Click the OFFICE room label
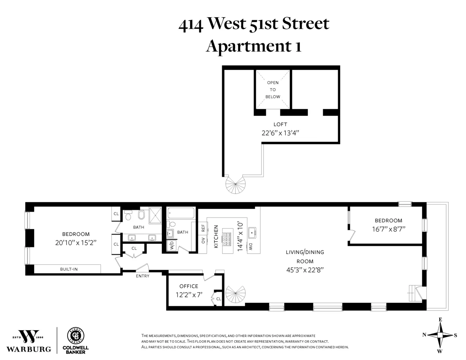[x=189, y=286]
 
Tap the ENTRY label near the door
[x=143, y=276]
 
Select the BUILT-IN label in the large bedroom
[x=68, y=269]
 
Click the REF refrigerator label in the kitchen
[x=203, y=228]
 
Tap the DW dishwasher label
[x=251, y=245]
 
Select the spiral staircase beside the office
[x=235, y=296]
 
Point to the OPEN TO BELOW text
[x=273, y=90]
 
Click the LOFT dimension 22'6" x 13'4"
[x=280, y=133]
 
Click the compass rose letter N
[x=425, y=335]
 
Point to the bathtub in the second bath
[x=181, y=213]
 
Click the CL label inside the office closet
[x=218, y=299]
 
